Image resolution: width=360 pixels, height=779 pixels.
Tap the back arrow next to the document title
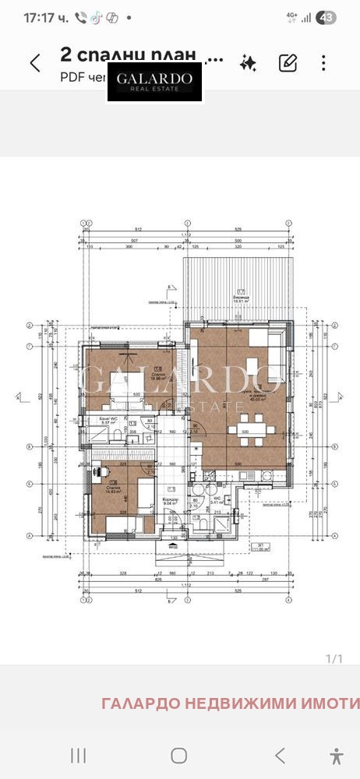[34, 63]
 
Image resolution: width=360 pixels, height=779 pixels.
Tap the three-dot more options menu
[323, 63]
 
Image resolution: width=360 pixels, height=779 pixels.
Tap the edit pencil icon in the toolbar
[288, 63]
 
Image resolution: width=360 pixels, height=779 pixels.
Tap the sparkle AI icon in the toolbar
[249, 63]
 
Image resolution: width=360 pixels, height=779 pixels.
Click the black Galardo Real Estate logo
[154, 82]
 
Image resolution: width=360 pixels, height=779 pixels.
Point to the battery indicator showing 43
[327, 17]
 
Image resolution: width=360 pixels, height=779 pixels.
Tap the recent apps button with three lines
[78, 754]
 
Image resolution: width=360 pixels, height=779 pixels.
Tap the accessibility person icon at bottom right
[337, 754]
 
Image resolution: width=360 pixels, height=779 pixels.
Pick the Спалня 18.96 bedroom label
[158, 372]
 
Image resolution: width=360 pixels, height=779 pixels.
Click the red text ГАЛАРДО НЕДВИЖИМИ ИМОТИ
[230, 703]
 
